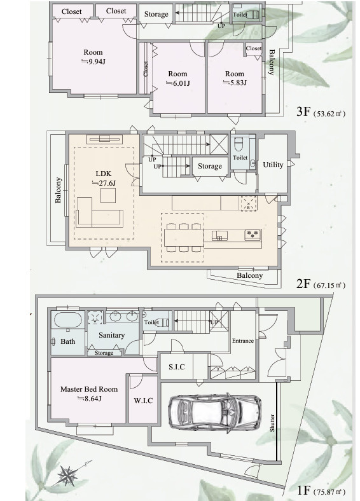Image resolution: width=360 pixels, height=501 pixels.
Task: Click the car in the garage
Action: click(215, 413)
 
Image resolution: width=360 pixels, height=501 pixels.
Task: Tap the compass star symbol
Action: click(68, 476)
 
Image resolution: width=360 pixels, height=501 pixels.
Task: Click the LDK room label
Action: click(104, 174)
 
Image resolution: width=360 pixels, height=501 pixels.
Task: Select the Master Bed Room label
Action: click(89, 389)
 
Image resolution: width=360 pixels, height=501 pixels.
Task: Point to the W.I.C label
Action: click(143, 401)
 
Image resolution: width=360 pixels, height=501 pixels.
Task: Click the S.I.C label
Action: click(176, 367)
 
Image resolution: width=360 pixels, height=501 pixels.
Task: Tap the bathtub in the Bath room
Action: click(67, 320)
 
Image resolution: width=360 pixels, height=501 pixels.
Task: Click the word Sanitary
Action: click(111, 335)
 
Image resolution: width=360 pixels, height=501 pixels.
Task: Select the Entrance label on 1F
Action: click(243, 341)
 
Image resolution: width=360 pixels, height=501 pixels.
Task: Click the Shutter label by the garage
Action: click(272, 423)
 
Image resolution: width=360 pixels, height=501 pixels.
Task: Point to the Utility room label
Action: click(273, 165)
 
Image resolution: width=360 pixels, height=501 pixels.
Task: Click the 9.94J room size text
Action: click(93, 62)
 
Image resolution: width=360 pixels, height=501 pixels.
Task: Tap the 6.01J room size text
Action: click(177, 83)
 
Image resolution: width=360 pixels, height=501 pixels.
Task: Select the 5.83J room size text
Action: click(235, 83)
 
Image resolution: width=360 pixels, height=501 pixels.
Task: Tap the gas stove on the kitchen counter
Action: click(253, 235)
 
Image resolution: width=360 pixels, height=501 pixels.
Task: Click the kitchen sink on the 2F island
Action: click(219, 235)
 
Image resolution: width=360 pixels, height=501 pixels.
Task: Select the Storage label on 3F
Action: click(156, 14)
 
